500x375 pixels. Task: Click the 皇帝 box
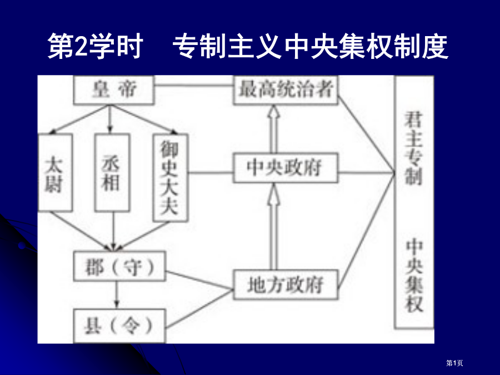(114, 90)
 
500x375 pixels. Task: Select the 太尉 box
(55, 173)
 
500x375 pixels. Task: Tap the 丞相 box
(112, 173)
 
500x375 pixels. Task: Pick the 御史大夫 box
(171, 178)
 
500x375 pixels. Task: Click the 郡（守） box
(119, 266)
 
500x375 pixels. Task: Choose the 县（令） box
(119, 326)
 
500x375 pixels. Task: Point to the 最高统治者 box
(286, 90)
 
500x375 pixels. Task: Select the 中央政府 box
(286, 168)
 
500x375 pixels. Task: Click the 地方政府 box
(286, 285)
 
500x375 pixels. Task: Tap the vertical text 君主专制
(413, 148)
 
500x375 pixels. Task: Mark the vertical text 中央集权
(414, 276)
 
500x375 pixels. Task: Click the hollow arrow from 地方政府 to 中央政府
(273, 227)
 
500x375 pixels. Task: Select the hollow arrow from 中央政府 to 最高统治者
(273, 129)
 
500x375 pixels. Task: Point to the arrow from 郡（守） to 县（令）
(117, 295)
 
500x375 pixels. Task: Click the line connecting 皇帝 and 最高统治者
(194, 86)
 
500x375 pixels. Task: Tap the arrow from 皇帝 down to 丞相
(110, 119)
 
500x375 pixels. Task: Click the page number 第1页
(454, 363)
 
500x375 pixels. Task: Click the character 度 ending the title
(435, 47)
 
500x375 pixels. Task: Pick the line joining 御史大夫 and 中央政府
(211, 173)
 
